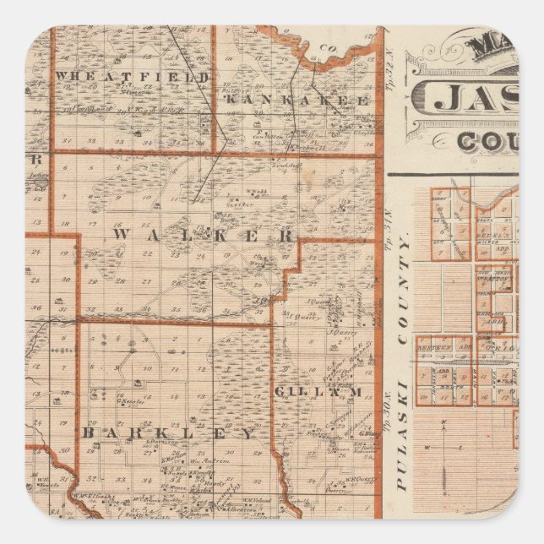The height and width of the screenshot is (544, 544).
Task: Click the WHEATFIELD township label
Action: pos(132,77)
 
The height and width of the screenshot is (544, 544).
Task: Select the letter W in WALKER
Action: pos(120,234)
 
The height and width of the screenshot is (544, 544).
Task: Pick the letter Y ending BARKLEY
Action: pos(248,433)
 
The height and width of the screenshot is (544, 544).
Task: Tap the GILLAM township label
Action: pos(318,392)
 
